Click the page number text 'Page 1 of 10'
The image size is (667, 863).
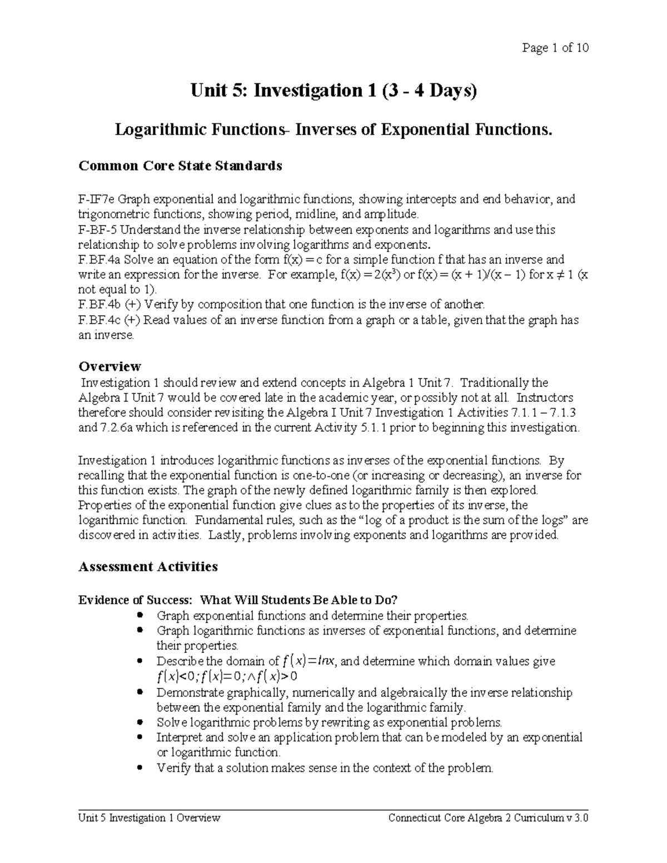point(555,48)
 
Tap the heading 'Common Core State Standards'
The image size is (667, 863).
point(180,166)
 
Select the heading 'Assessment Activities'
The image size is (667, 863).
point(148,566)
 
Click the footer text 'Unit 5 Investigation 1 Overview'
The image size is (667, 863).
point(150,818)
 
